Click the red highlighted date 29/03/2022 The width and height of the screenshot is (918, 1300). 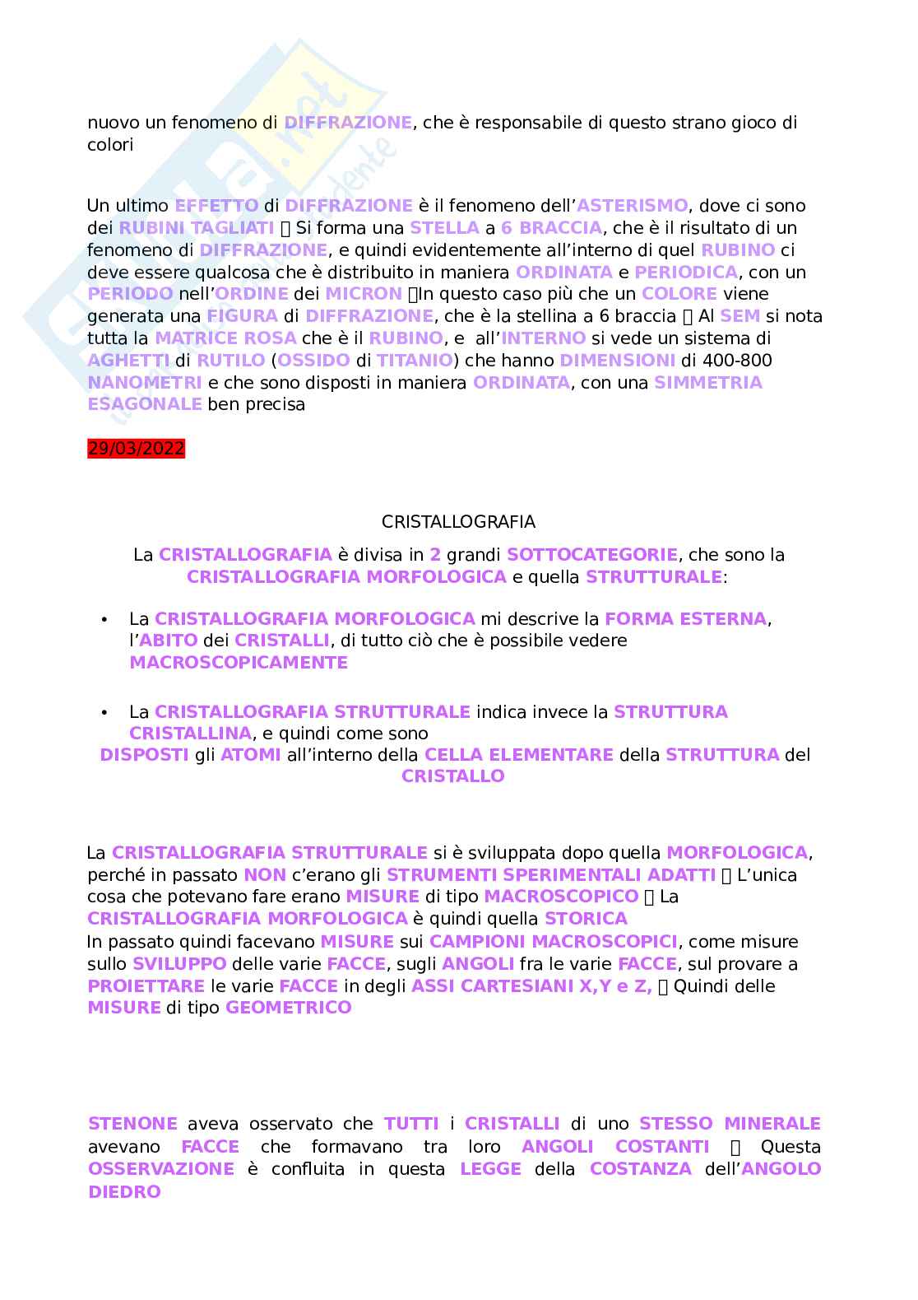(x=136, y=449)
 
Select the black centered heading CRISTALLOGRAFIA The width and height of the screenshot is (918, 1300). (x=458, y=522)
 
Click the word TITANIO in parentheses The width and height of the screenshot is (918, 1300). (x=415, y=361)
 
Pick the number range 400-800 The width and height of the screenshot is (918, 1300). (x=726, y=361)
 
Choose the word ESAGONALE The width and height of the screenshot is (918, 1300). (x=145, y=404)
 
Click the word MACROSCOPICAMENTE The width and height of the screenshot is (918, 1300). (x=239, y=663)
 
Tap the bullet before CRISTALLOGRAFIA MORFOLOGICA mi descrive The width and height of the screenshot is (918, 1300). (x=104, y=619)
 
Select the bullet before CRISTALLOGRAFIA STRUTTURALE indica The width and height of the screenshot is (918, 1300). (x=104, y=712)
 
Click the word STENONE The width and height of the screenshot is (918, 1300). (x=132, y=1124)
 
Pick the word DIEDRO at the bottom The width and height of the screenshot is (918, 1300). (x=124, y=1191)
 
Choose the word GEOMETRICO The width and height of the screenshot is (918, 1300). (x=288, y=1008)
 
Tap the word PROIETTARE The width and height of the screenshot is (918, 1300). (x=146, y=985)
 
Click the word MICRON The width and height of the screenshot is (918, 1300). (x=363, y=294)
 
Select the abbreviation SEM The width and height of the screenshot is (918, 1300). (x=739, y=316)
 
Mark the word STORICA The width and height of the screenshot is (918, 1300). (x=586, y=919)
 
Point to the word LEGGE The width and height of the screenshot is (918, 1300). (x=491, y=1169)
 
